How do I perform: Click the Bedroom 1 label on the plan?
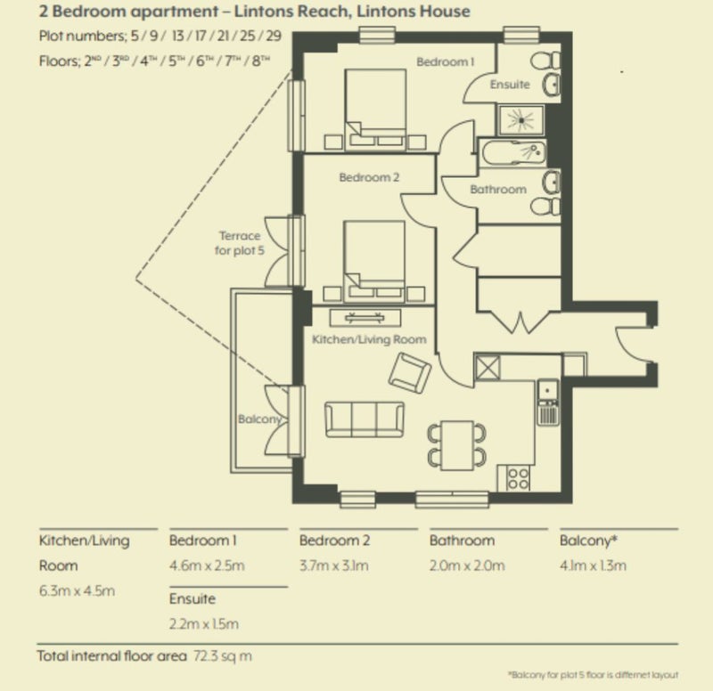[445, 61]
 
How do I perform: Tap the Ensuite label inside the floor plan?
[510, 85]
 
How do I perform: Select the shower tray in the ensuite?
[521, 120]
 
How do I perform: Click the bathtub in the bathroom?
[513, 153]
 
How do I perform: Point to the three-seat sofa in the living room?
[365, 419]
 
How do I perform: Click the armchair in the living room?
[410, 372]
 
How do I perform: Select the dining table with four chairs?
[457, 445]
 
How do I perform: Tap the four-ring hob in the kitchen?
[519, 478]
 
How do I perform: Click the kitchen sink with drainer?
[548, 402]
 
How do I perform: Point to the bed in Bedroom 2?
[374, 261]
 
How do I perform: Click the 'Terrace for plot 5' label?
[239, 243]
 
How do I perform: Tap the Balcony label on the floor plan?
[259, 419]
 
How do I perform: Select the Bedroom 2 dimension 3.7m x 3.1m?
[333, 565]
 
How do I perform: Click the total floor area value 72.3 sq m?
[222, 656]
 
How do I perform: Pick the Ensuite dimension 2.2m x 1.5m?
[204, 623]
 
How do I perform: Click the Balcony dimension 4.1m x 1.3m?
[593, 565]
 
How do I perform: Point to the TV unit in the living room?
[365, 318]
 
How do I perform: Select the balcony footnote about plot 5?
[593, 675]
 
